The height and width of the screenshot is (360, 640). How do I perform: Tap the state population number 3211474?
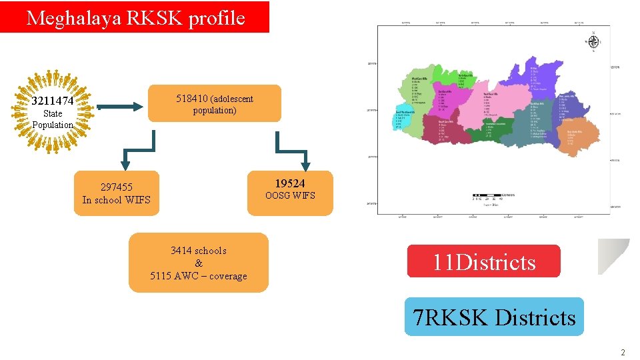(x=53, y=102)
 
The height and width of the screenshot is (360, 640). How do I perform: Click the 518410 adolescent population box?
(x=215, y=103)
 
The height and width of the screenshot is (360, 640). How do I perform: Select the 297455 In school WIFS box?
(x=117, y=193)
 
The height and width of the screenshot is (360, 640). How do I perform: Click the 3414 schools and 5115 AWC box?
(x=199, y=263)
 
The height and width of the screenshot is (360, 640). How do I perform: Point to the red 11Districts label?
(x=484, y=261)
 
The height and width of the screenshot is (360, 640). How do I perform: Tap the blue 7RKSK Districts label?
(x=494, y=317)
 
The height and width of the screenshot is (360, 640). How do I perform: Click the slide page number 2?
(x=623, y=352)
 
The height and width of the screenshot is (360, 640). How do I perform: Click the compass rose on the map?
(x=593, y=41)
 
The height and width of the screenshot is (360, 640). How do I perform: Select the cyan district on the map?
(x=404, y=120)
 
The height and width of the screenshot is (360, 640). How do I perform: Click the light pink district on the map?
(x=493, y=107)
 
